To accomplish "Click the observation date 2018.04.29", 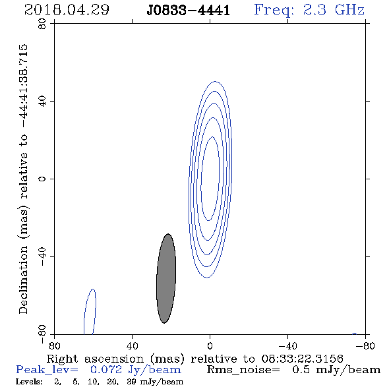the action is coord(67,10).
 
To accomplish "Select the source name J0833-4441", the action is coord(189,11).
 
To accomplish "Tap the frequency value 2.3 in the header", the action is coord(314,10).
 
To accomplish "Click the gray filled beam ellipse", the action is coord(166,278).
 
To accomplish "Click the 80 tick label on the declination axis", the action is coord(42,24).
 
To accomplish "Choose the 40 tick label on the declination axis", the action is coord(42,102).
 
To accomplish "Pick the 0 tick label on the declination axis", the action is coord(42,179).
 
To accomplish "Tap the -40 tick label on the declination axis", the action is coord(42,256).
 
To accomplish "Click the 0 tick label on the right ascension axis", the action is coord(210,346).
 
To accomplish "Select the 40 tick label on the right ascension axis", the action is coord(132,346).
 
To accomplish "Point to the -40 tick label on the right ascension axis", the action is coord(287,346).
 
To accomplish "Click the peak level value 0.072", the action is coord(106,370).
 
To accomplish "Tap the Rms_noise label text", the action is coord(243,370).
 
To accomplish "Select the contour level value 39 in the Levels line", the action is coord(131,382).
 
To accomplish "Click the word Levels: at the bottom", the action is coord(29,382).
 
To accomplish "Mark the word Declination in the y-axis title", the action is coord(23,280).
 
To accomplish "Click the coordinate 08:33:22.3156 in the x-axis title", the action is coord(302,359).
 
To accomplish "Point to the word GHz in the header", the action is coord(349,10).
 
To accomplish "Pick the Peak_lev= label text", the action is coord(47,370).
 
